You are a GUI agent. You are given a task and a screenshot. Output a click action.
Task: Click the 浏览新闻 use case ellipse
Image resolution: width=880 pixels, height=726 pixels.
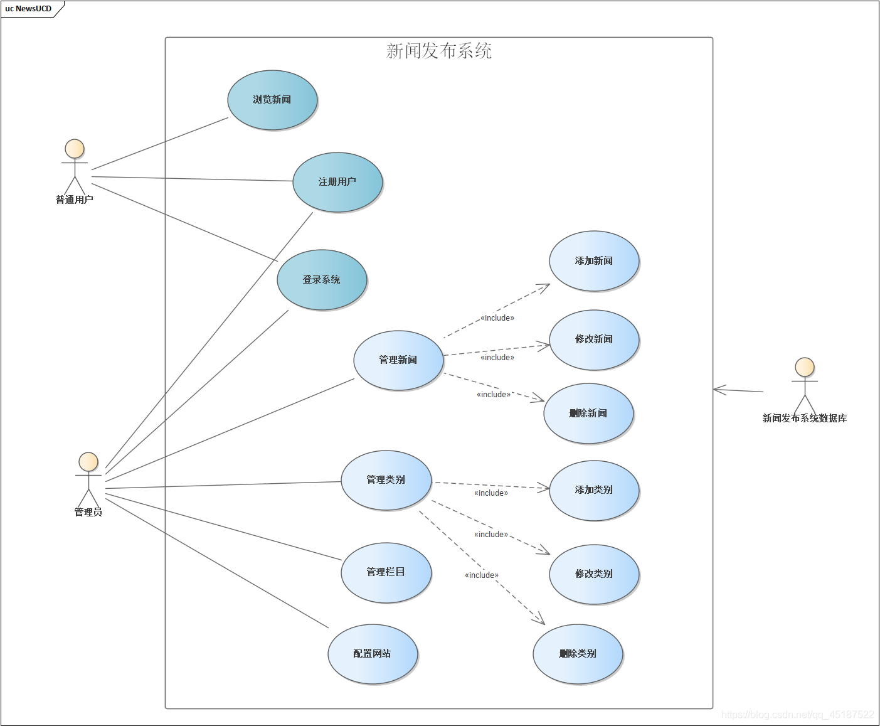point(272,100)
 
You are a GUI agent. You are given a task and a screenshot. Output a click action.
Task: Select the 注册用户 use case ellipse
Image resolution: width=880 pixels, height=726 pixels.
point(337,182)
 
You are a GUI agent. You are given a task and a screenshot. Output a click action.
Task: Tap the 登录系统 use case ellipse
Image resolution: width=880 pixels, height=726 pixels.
point(322,280)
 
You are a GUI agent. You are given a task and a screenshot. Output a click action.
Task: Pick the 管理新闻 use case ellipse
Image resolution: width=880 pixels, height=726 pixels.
point(398,360)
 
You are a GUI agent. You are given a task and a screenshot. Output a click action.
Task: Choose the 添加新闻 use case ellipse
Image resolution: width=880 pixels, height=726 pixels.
point(594,261)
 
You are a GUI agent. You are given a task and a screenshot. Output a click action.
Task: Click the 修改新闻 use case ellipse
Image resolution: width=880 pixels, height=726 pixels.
point(594,339)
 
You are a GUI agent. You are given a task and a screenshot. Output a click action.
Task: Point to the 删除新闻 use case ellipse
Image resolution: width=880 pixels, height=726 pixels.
point(588,414)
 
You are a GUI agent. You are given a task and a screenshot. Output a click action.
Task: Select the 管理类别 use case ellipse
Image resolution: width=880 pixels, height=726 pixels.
point(386,480)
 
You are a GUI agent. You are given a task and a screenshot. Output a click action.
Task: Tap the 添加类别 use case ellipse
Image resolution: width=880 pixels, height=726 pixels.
point(594,490)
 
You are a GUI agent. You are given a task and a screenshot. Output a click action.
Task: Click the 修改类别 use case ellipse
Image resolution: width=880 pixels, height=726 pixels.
point(594,574)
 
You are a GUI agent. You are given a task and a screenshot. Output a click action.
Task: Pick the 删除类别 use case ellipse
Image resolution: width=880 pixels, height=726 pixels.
point(578,654)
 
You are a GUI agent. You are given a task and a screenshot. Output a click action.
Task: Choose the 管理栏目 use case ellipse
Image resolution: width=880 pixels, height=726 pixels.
point(386,572)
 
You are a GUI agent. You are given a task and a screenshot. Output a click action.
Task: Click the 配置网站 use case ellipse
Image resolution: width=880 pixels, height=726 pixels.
point(373,654)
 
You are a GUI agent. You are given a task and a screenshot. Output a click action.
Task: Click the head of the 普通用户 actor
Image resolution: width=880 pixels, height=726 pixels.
point(75,149)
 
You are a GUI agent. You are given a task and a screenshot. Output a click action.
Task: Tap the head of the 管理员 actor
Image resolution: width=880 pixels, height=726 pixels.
point(88,462)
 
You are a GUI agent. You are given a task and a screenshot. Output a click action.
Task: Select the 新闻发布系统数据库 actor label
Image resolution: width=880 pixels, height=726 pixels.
point(805,419)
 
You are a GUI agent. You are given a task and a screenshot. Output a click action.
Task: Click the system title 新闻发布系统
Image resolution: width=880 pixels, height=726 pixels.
point(439,51)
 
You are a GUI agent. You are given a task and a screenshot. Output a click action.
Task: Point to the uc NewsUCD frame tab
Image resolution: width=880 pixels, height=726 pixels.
point(29,9)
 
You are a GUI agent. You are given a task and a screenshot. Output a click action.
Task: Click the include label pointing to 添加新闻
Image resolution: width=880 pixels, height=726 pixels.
point(497,318)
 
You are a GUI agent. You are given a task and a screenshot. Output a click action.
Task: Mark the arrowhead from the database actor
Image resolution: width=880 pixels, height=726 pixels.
point(716,390)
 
